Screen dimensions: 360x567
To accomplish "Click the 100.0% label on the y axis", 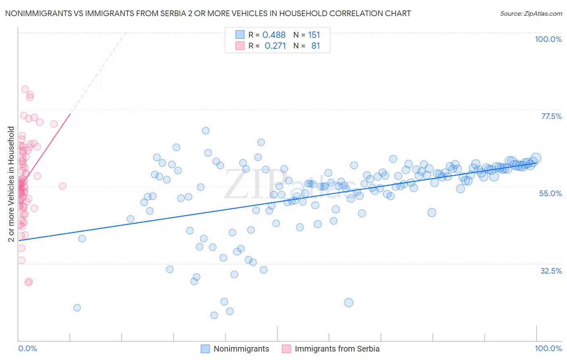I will point(548,39).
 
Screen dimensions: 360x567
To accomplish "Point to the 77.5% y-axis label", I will point(551,116).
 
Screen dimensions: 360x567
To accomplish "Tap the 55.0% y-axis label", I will point(550,193).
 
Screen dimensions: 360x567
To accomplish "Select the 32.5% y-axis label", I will point(551,271).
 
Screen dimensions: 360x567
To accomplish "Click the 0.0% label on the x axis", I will point(27,348).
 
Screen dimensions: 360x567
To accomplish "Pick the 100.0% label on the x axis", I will point(548,348).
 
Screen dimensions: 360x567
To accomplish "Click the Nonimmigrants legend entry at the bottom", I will point(241,349).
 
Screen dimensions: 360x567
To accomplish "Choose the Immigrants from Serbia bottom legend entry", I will point(337,349).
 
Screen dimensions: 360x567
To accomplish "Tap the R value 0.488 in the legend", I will point(274,35).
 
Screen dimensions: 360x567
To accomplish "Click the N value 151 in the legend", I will point(314,35).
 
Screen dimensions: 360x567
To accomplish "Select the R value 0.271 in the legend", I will point(275,46).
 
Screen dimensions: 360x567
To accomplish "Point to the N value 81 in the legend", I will point(315,46).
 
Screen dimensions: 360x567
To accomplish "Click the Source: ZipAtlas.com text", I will point(531,13).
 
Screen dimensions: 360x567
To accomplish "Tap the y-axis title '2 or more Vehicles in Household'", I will point(11,184).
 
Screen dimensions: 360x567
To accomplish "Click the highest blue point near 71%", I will point(206,130).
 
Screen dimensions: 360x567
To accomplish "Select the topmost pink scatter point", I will point(25,89).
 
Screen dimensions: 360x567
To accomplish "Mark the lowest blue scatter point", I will point(214,315).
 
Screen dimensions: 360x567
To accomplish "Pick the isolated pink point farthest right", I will point(63,186).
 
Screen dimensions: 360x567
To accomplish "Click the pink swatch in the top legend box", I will point(240,46).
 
